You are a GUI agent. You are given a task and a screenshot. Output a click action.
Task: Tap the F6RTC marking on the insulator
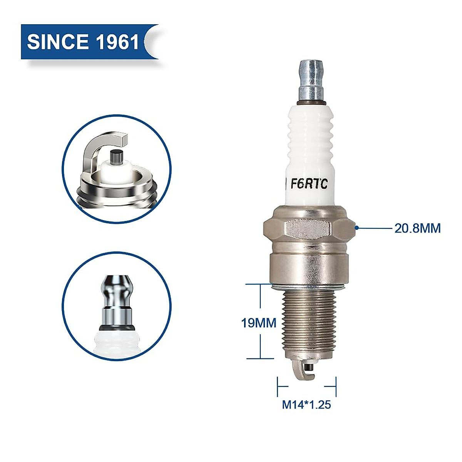[x=309, y=184]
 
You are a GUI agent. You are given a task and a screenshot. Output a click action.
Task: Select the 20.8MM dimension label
[x=417, y=228]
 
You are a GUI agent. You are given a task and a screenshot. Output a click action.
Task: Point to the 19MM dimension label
[x=259, y=323]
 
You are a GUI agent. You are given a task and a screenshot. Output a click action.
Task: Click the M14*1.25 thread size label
[x=306, y=405]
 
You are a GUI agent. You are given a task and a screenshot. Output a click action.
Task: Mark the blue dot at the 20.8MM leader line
[x=357, y=228]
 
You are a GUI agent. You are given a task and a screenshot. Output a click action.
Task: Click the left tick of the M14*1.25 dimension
[x=278, y=386]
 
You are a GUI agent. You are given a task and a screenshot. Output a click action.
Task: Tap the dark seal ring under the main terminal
[x=312, y=103]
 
